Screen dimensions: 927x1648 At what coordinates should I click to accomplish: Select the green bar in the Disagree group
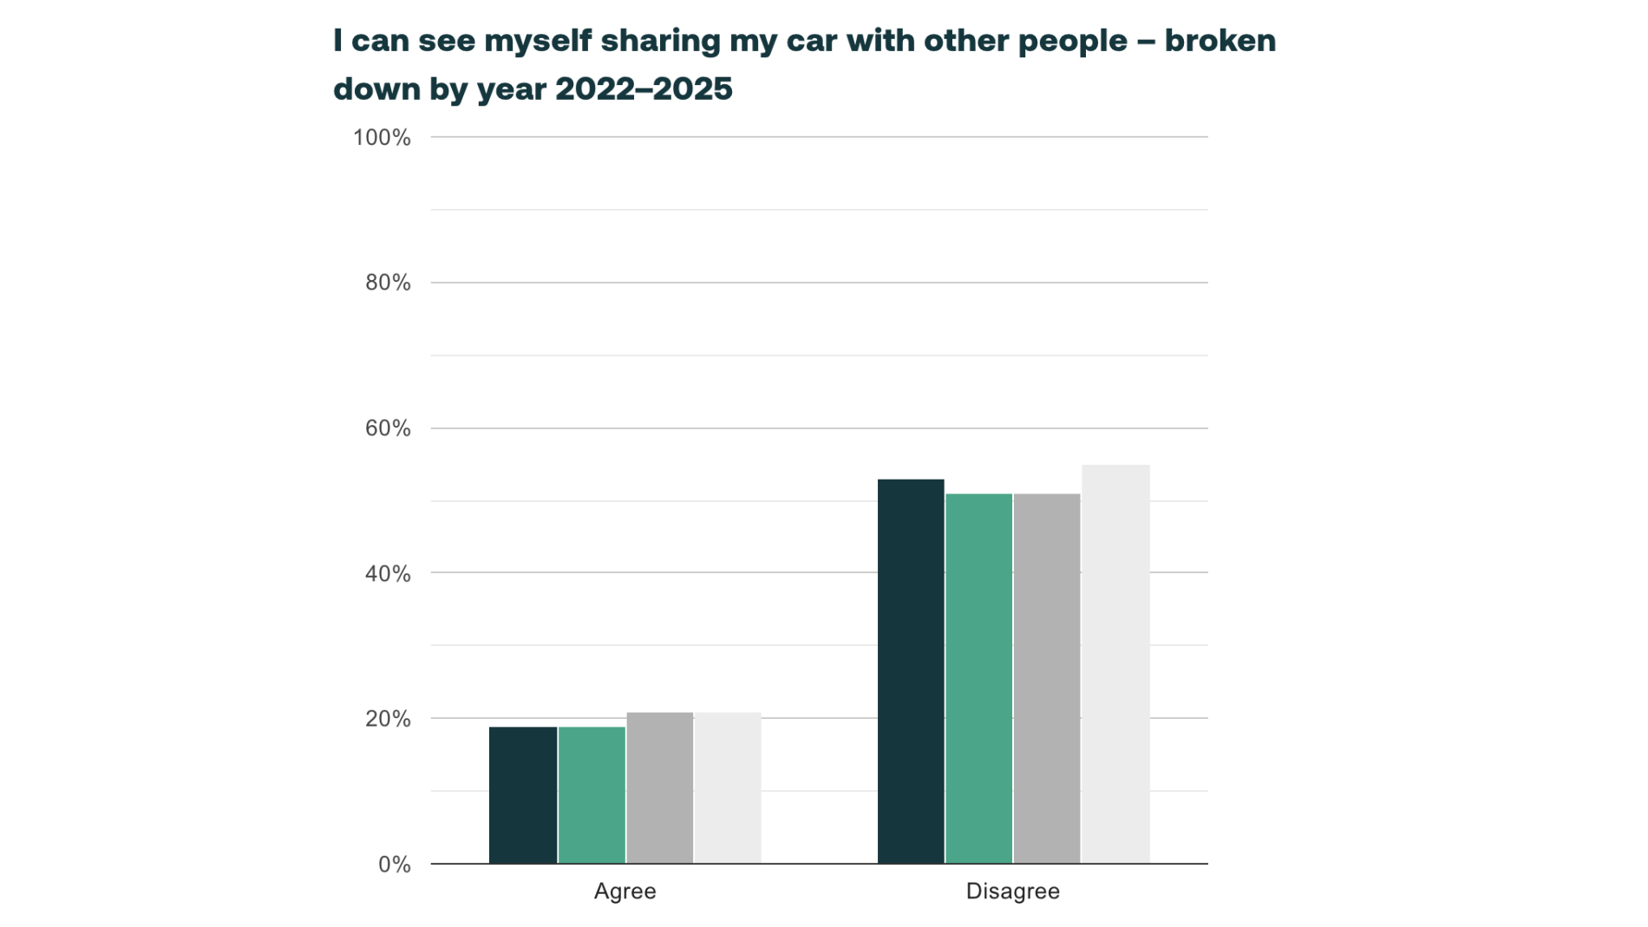pyautogui.click(x=978, y=678)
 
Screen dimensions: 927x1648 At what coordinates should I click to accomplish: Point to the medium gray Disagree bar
pyautogui.click(x=1046, y=678)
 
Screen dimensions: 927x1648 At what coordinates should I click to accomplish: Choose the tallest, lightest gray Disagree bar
pyautogui.click(x=1115, y=663)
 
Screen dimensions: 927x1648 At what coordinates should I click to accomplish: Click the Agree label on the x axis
pyautogui.click(x=625, y=891)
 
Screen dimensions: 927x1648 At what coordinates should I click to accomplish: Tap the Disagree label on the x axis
pyautogui.click(x=1012, y=891)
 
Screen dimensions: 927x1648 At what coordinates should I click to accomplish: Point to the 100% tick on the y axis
pyautogui.click(x=382, y=138)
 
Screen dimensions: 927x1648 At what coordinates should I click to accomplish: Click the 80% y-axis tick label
pyautogui.click(x=388, y=283)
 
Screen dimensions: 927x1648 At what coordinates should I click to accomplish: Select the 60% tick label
pyautogui.click(x=388, y=428)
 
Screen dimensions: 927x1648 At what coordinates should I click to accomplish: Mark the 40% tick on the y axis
pyautogui.click(x=388, y=573)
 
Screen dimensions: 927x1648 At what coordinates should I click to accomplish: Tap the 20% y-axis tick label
pyautogui.click(x=388, y=719)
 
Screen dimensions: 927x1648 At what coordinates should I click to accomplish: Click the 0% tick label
pyautogui.click(x=395, y=865)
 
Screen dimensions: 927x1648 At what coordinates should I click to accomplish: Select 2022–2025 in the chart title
pyautogui.click(x=644, y=89)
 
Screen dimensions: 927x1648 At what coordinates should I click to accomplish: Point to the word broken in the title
pyautogui.click(x=1220, y=41)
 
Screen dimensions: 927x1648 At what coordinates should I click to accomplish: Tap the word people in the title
pyautogui.click(x=1072, y=41)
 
